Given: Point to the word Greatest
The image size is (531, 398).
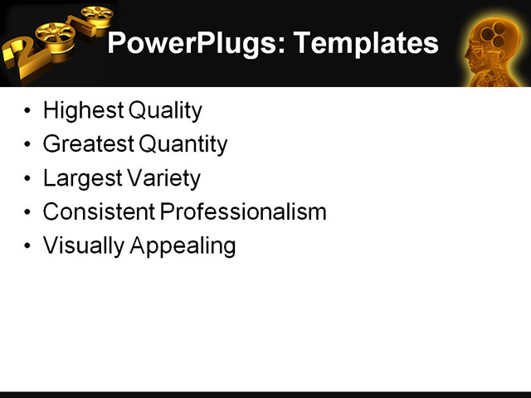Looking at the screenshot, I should [x=89, y=144].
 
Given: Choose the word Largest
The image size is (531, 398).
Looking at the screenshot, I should [x=80, y=178].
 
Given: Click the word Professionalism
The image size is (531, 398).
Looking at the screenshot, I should [x=243, y=212].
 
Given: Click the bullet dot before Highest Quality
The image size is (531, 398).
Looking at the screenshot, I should [x=30, y=111].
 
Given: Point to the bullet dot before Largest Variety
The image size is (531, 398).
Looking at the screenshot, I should [x=30, y=179].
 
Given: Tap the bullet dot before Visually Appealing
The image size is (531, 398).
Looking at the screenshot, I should [x=30, y=247].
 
